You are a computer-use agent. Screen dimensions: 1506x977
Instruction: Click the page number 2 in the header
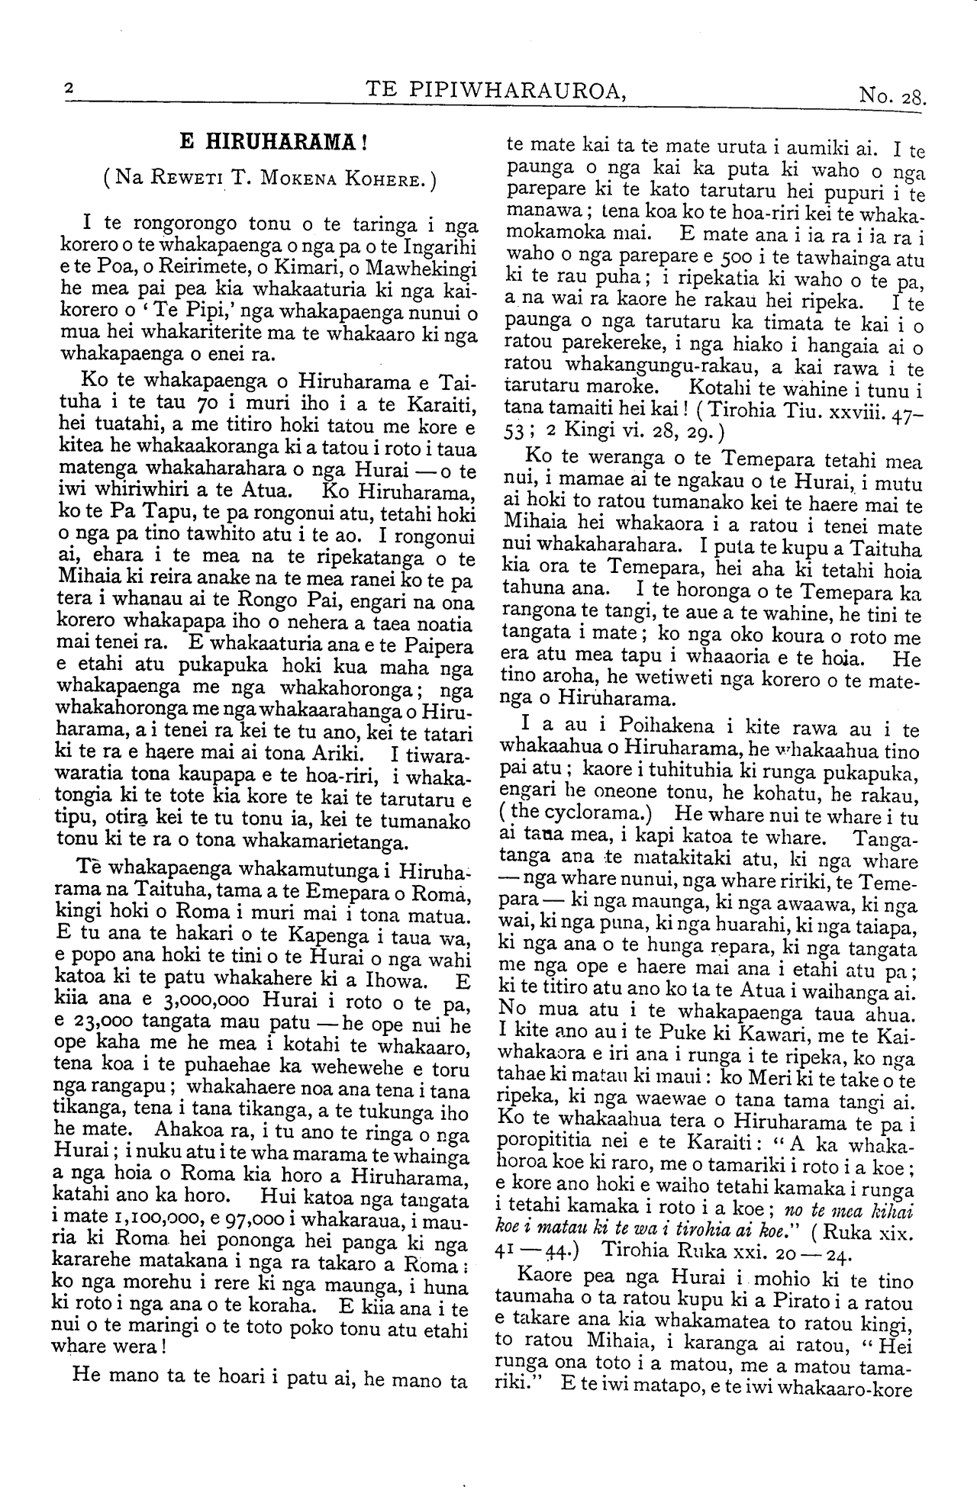[x=68, y=90]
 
